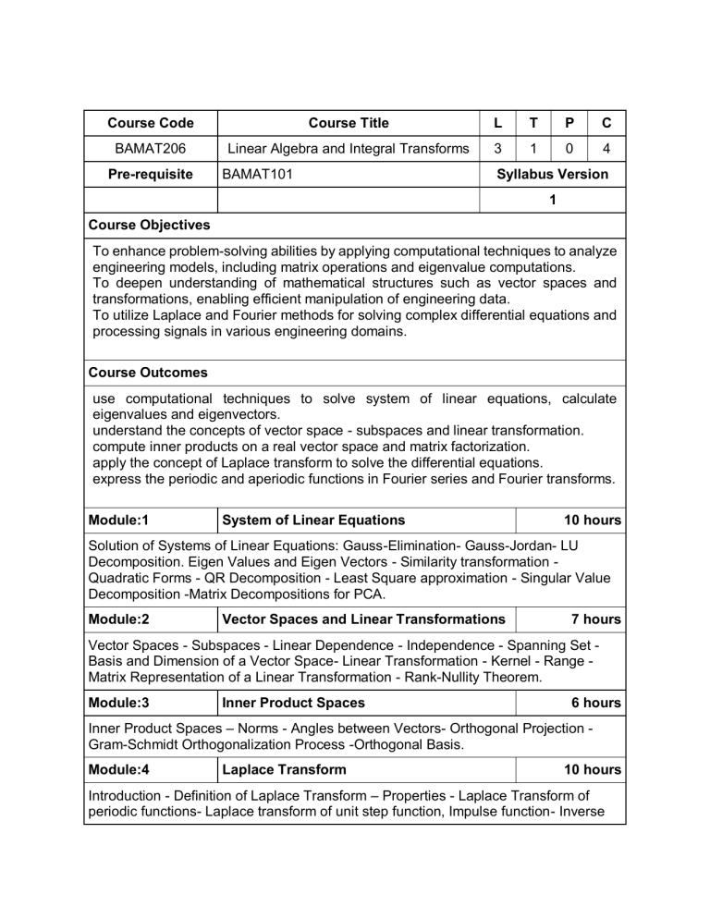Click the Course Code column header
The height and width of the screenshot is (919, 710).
(x=151, y=123)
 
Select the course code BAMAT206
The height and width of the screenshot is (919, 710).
(x=151, y=149)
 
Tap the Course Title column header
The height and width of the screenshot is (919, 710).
(x=349, y=123)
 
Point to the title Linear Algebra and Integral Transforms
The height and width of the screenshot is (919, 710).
(x=349, y=149)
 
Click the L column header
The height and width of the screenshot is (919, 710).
(x=498, y=123)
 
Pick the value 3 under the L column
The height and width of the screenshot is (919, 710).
(x=498, y=149)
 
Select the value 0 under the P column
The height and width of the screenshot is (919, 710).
(x=569, y=149)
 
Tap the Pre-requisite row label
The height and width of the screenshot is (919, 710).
(x=151, y=174)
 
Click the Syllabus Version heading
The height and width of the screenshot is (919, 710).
(x=552, y=174)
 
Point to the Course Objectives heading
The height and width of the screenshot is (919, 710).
(x=150, y=225)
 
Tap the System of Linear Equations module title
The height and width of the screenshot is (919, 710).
(x=314, y=521)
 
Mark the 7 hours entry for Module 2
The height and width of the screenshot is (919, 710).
(x=595, y=619)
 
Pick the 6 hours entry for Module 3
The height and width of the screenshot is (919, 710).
(x=595, y=704)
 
